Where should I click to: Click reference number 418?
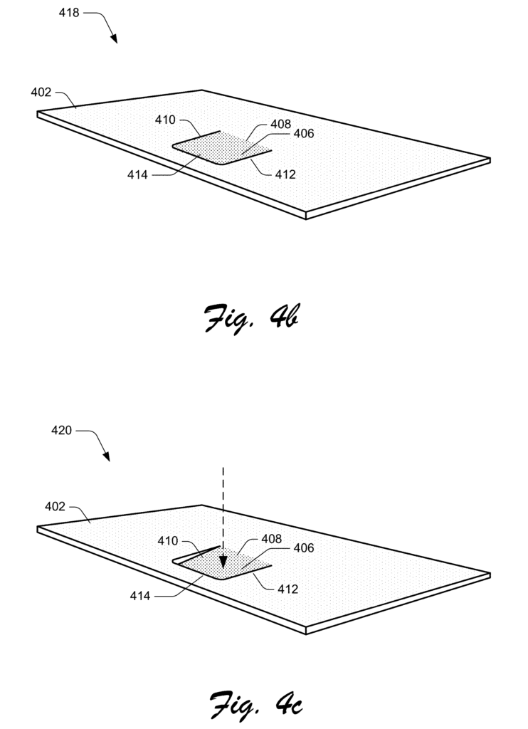[x=69, y=13]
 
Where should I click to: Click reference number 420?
[x=61, y=430]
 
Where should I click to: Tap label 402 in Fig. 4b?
[x=41, y=92]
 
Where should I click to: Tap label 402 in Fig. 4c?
[x=55, y=506]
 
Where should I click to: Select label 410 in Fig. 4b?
[x=165, y=120]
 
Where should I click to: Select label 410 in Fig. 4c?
[x=168, y=541]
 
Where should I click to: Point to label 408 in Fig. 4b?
[x=281, y=124]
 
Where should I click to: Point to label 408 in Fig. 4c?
[x=271, y=538]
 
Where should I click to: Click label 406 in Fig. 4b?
[x=304, y=133]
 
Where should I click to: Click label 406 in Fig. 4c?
[x=304, y=547]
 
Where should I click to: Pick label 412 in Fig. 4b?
[x=285, y=174]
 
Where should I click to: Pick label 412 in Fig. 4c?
[x=287, y=589]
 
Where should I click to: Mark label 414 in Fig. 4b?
[x=137, y=175]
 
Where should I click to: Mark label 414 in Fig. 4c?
[x=140, y=596]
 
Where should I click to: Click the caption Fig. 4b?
[x=251, y=318]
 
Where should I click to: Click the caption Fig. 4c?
[x=255, y=704]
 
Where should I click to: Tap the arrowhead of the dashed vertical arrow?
[x=223, y=562]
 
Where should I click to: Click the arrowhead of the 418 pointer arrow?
[x=113, y=38]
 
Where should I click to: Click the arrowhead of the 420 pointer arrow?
[x=106, y=456]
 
